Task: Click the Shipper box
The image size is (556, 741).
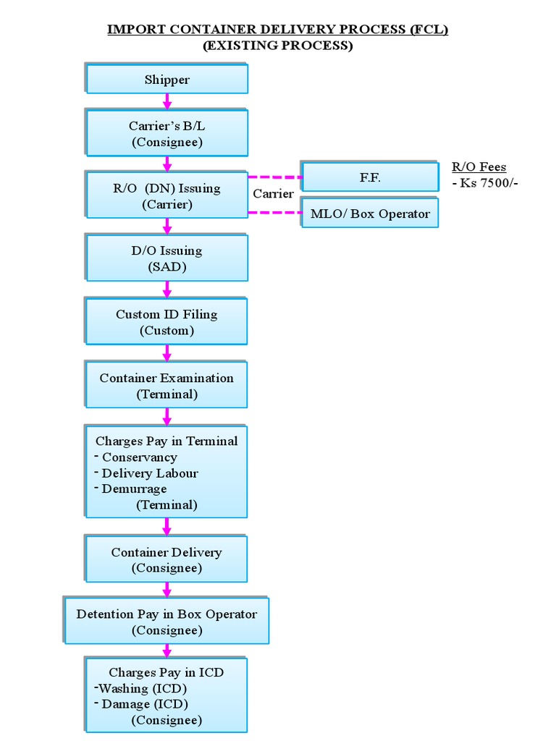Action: [x=167, y=80]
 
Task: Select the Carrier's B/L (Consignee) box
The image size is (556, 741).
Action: [x=167, y=133]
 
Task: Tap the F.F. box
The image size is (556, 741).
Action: [x=370, y=177]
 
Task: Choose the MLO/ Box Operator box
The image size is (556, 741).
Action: [x=370, y=213]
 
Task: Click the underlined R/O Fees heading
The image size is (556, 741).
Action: [x=479, y=167]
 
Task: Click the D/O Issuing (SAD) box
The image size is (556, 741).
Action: [x=167, y=258]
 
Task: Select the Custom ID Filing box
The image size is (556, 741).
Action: [x=167, y=322]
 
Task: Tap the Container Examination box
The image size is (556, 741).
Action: [x=167, y=386]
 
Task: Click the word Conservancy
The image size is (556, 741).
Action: [x=139, y=457]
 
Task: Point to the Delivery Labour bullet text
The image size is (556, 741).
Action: [x=150, y=473]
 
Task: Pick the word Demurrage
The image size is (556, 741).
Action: [x=134, y=489]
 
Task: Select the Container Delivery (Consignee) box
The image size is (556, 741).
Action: [x=167, y=559]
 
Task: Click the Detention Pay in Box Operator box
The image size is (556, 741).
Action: [x=167, y=622]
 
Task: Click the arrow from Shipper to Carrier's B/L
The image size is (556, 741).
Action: [x=167, y=101]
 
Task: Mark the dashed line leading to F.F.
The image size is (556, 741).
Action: [x=275, y=177]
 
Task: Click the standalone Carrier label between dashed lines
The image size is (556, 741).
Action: [x=273, y=194]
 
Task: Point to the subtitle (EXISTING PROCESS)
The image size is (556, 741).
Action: [x=278, y=46]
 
